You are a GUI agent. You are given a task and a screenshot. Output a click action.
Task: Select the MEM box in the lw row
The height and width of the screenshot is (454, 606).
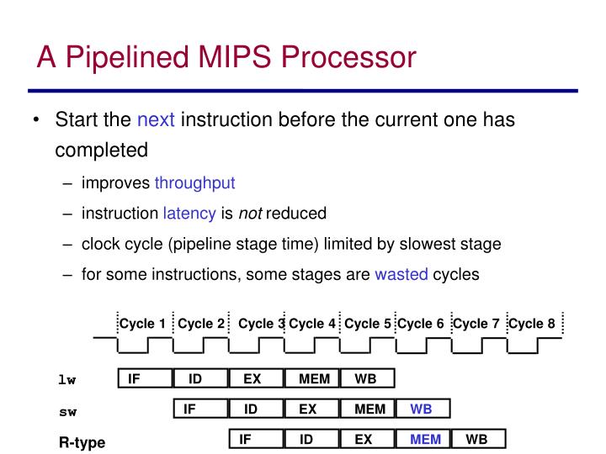[314, 379]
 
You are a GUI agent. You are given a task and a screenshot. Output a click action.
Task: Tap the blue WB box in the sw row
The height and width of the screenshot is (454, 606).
[422, 409]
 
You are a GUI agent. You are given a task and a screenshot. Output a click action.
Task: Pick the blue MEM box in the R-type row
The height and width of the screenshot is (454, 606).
[425, 439]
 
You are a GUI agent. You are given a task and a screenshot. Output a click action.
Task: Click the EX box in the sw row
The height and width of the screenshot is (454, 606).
[307, 409]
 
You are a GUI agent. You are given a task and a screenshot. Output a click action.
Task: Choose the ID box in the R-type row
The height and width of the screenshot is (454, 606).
[306, 439]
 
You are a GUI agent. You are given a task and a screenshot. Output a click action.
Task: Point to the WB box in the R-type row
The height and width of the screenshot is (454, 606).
[476, 439]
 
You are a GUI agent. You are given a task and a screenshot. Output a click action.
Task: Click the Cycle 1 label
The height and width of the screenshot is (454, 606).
[142, 324]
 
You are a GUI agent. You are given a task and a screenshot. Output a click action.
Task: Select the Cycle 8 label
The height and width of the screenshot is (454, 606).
[532, 324]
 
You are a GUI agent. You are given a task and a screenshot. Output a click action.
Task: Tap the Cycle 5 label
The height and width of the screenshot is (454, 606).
[368, 324]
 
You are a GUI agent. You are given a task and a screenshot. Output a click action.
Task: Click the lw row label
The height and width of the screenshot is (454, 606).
[66, 380]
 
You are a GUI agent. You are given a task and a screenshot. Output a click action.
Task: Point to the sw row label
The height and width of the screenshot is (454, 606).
[66, 411]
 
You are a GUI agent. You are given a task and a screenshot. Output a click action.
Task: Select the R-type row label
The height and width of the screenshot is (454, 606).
[82, 442]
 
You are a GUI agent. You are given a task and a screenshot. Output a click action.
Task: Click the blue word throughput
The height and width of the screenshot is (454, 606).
[194, 182]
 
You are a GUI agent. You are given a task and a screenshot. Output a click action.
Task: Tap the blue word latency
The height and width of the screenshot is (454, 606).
[189, 214]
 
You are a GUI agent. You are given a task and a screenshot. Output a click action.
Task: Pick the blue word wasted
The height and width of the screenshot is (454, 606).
[401, 274]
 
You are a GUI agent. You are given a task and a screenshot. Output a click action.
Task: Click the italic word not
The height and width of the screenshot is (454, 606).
[250, 214]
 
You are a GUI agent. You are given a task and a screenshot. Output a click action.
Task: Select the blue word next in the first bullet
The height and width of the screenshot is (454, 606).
[156, 119]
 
